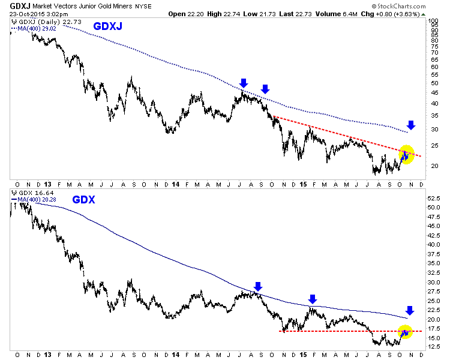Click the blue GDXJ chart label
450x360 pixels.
pyautogui.click(x=109, y=26)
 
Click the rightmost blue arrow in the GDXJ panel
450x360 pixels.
pyautogui.click(x=410, y=125)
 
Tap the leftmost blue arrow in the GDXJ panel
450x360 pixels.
pyautogui.click(x=243, y=83)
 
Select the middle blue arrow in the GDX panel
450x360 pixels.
pyautogui.click(x=313, y=299)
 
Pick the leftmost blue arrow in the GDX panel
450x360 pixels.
pyautogui.click(x=257, y=286)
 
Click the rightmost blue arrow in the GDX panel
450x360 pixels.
pyautogui.click(x=410, y=310)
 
